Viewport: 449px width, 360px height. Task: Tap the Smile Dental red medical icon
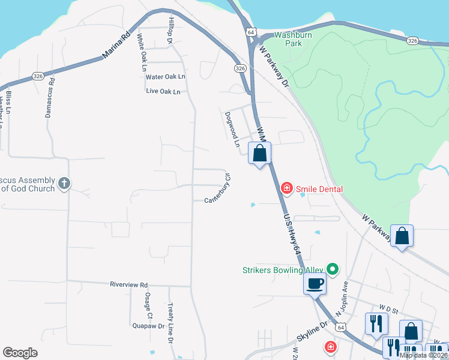[287, 189]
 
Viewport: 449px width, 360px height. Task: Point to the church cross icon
[65, 182]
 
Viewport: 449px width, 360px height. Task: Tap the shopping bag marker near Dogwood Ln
[259, 154]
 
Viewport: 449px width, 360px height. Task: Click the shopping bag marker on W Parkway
[402, 236]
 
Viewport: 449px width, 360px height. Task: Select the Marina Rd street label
[116, 46]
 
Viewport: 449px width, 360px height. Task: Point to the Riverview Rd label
[128, 284]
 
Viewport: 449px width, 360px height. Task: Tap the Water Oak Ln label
[166, 77]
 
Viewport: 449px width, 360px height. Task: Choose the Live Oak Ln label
[163, 92]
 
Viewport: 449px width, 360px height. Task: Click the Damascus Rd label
[50, 97]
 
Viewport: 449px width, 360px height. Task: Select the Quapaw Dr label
[148, 326]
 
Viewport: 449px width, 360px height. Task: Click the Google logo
[20, 353]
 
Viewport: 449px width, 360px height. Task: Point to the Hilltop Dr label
[171, 29]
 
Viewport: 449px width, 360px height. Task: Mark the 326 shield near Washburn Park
[412, 41]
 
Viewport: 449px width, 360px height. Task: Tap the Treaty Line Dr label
[170, 323]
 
